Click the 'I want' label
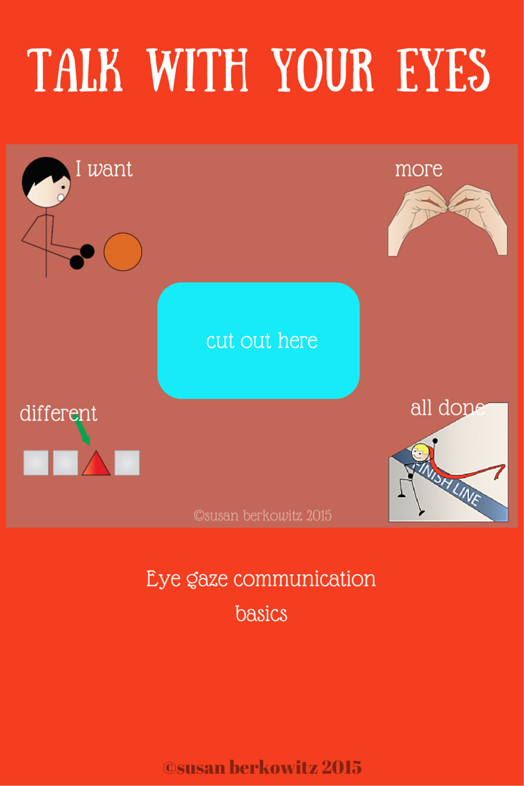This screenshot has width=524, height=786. point(104,169)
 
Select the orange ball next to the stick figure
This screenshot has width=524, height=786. point(123,252)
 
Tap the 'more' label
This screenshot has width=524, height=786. point(418,169)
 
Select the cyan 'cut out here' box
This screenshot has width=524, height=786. point(258,340)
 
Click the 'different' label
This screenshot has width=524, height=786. point(58,413)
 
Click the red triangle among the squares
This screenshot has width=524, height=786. point(96,464)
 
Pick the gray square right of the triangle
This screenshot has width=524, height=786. point(127,463)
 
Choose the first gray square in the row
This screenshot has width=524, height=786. point(36,463)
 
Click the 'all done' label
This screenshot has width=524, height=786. point(447,408)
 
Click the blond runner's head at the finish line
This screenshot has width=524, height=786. point(421,451)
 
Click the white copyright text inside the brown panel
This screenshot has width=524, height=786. point(262,515)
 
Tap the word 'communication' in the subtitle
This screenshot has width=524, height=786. point(304,578)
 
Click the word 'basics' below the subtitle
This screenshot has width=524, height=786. point(261,613)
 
